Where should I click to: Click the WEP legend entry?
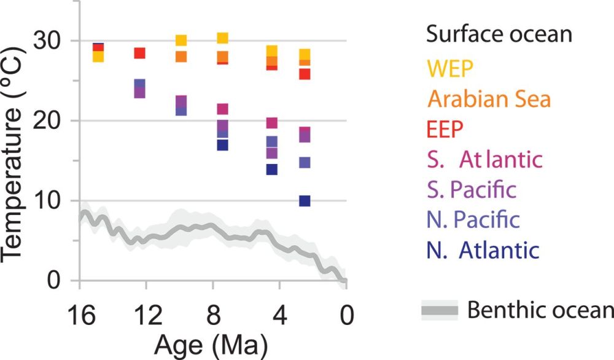(451, 69)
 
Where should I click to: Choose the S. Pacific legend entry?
(472, 189)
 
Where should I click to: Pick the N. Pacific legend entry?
(473, 219)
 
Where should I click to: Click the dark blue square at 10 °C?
(305, 200)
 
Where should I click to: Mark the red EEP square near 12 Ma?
(139, 53)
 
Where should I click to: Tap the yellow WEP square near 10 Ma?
(181, 41)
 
